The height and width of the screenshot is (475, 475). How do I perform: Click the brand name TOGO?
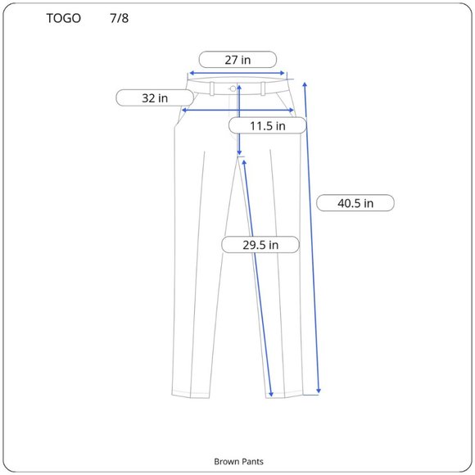click(x=63, y=18)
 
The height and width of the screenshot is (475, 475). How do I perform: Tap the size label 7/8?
click(x=120, y=18)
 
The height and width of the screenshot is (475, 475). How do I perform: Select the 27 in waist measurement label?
click(x=237, y=60)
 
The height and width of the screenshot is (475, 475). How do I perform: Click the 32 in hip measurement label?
click(x=155, y=97)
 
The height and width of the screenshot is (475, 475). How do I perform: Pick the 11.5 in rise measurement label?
click(x=268, y=125)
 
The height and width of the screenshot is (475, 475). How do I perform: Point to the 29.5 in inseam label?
click(x=260, y=245)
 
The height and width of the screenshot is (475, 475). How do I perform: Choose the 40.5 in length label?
click(x=355, y=203)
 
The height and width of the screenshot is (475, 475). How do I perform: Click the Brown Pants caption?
click(x=238, y=461)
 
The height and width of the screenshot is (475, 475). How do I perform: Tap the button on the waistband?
click(x=233, y=88)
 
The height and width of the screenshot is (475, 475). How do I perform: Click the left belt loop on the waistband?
click(x=212, y=88)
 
